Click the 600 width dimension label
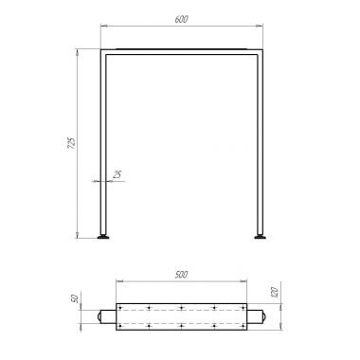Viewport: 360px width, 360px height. (x=181, y=19)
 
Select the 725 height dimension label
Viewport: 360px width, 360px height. (x=72, y=143)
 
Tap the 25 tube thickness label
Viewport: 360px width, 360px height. (x=117, y=174)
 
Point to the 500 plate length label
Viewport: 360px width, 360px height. (x=181, y=275)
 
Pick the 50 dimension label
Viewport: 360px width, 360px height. (x=75, y=298)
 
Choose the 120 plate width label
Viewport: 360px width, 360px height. (x=274, y=292)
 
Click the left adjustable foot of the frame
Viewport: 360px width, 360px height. (x=103, y=237)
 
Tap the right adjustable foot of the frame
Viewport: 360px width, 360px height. (x=260, y=237)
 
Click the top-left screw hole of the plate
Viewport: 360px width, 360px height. (x=120, y=307)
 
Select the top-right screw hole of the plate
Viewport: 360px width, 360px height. (x=243, y=307)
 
